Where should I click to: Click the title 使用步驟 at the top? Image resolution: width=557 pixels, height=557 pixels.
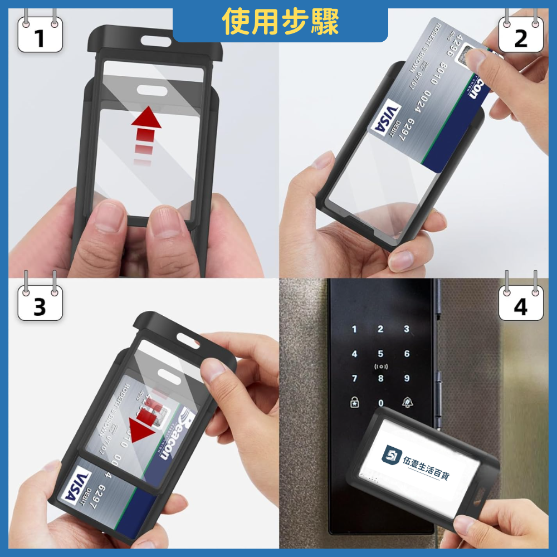[280, 22]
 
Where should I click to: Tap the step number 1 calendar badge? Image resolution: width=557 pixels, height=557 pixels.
[40, 37]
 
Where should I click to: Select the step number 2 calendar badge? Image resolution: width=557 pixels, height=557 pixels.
[520, 37]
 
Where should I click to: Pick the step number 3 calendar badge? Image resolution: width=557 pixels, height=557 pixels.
[40, 305]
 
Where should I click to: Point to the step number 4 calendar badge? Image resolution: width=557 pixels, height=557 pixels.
[520, 305]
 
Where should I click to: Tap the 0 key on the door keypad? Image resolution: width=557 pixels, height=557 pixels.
[380, 403]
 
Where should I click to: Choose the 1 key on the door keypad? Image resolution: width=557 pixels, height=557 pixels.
[354, 329]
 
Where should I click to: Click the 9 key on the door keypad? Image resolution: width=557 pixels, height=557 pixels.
[407, 379]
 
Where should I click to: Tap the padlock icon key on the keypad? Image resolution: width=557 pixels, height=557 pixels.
[354, 403]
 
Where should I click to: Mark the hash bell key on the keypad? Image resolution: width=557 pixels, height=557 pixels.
[407, 403]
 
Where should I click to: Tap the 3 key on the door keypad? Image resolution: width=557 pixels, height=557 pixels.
[407, 329]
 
